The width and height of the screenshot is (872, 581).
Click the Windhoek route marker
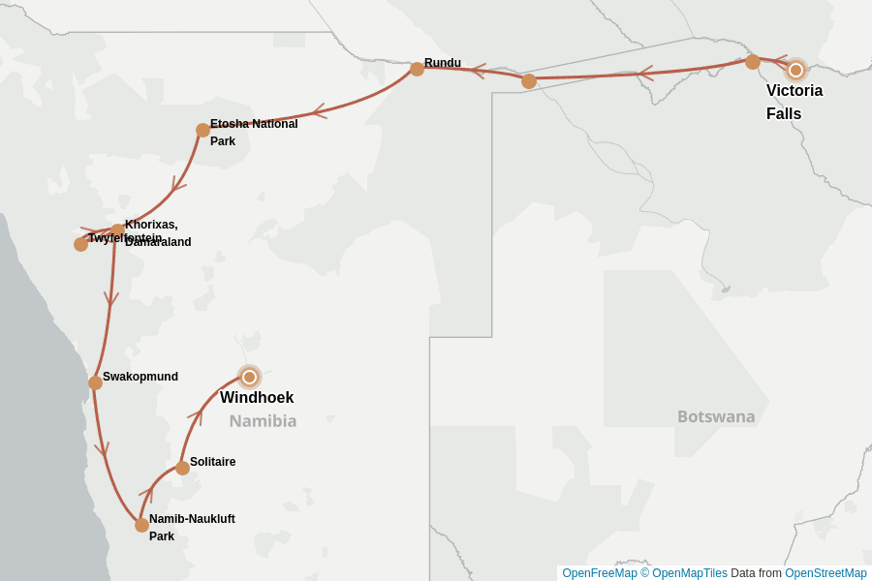(x=249, y=377)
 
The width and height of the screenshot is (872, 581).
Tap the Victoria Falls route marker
(x=795, y=70)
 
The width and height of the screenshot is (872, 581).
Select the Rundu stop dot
(x=417, y=69)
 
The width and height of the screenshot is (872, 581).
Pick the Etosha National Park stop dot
(x=202, y=130)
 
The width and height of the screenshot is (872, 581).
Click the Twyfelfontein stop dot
(x=80, y=244)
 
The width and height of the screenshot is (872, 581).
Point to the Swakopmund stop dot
(x=95, y=382)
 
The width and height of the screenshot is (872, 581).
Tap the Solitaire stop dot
(x=182, y=468)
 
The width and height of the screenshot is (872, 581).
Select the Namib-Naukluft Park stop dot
(x=141, y=525)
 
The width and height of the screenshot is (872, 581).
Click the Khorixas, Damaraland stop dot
(x=117, y=230)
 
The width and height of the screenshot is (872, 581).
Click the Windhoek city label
(x=257, y=398)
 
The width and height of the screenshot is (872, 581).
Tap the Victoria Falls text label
(x=794, y=102)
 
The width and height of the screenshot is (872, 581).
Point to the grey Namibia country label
(x=263, y=421)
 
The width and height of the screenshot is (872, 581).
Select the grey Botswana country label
(x=716, y=416)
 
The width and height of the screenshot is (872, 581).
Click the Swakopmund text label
(x=140, y=377)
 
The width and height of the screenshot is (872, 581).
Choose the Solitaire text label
(x=212, y=462)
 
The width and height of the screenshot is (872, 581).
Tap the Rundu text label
(x=443, y=63)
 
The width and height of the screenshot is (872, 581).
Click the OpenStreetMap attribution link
(x=825, y=573)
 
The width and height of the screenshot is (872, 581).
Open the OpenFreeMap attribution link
(x=599, y=573)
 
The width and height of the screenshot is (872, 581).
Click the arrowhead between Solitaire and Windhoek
(x=196, y=415)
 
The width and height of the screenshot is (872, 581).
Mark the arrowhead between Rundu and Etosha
(x=319, y=111)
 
